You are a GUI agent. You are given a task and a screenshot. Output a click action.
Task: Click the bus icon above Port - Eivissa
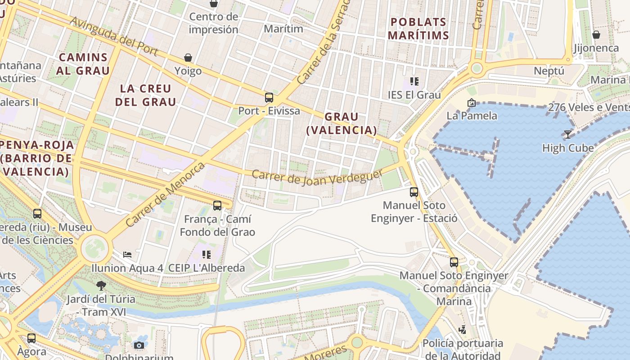tap(269, 97)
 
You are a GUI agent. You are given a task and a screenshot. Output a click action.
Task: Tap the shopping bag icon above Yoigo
tap(188, 58)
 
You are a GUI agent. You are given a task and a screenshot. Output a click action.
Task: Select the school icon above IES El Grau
tap(414, 81)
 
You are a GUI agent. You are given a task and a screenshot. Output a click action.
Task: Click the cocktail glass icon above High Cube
tap(568, 134)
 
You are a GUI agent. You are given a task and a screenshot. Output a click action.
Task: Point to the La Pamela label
tap(472, 116)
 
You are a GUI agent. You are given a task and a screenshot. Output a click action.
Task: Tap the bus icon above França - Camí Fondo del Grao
tap(217, 206)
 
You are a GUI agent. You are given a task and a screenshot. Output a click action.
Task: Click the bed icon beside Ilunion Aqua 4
tap(127, 255)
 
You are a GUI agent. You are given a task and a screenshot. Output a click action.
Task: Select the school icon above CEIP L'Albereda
tap(207, 255)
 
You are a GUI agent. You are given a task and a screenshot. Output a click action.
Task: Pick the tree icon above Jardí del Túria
tap(101, 285)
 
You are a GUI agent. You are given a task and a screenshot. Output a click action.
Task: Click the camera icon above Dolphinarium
tap(139, 345)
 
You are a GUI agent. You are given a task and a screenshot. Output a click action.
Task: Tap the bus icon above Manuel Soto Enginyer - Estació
tap(414, 192)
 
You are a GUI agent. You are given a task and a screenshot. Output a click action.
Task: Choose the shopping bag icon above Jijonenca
tap(596, 35)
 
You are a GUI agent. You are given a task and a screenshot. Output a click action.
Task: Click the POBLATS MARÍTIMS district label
tap(418, 28)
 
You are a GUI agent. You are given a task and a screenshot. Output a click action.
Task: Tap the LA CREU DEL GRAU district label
tap(146, 95)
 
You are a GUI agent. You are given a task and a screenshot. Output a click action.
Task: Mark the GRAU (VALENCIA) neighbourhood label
tap(342, 123)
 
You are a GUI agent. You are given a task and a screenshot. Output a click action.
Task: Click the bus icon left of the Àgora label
tap(31, 338)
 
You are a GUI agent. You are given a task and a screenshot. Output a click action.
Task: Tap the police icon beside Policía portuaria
tap(462, 330)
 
